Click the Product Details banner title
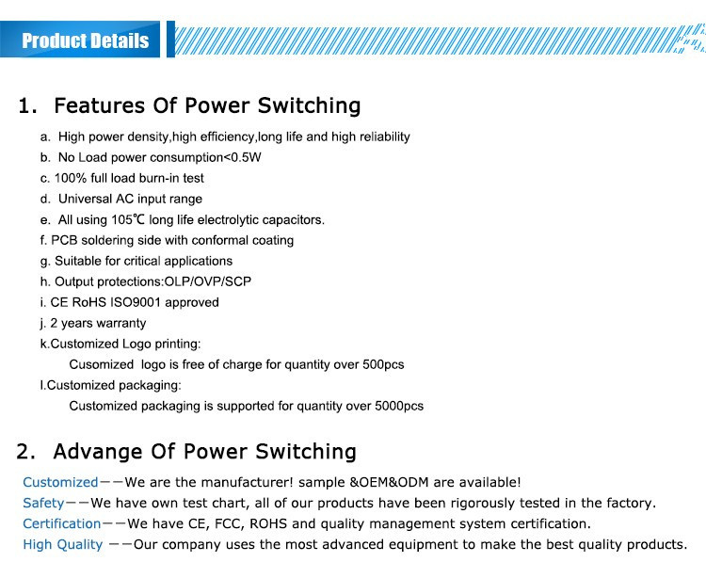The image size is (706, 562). tap(85, 40)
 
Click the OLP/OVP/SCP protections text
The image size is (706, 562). tap(208, 281)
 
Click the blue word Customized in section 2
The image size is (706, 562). tap(60, 482)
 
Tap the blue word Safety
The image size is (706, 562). tap(43, 503)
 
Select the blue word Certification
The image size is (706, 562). tap(62, 523)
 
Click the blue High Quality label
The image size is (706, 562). tap(62, 545)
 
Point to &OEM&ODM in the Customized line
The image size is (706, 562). tap(389, 482)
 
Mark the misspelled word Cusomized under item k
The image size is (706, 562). tap(102, 364)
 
